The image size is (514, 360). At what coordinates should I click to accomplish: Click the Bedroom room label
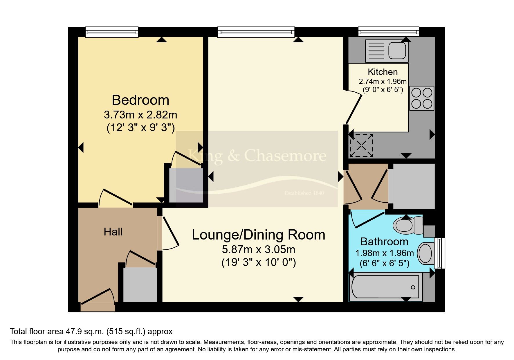[140, 100]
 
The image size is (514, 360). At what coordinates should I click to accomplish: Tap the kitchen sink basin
[397, 51]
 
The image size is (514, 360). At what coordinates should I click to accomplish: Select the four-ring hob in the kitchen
[422, 98]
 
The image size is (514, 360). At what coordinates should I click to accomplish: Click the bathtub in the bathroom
[385, 287]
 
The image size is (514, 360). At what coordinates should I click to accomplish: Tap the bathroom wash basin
[426, 253]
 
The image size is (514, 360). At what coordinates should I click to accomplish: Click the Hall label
[113, 232]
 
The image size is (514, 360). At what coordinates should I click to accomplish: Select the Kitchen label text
[383, 72]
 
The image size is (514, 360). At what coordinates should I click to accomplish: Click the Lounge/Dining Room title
[259, 235]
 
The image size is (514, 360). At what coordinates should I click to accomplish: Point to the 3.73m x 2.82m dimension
[140, 115]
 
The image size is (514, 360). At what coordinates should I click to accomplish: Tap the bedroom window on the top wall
[112, 32]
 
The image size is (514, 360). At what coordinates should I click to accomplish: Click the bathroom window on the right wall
[440, 253]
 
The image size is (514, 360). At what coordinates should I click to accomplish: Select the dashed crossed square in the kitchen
[361, 145]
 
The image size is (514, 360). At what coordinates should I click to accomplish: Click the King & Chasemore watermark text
[257, 156]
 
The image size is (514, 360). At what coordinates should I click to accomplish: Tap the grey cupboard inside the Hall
[140, 285]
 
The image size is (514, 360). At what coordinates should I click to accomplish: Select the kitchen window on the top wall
[389, 32]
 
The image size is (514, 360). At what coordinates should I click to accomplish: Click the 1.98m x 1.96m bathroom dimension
[385, 253]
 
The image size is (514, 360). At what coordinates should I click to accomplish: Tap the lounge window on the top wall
[256, 32]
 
